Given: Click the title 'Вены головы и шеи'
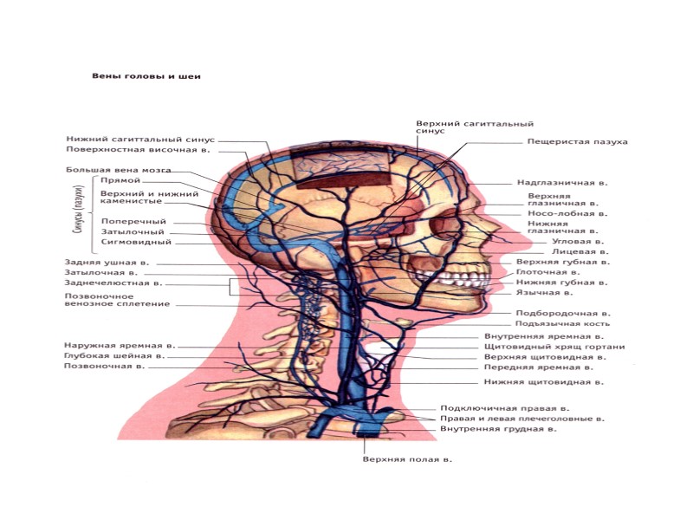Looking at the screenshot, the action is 146,76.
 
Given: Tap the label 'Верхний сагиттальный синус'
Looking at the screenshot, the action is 474,127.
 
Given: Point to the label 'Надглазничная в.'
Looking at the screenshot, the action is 562,184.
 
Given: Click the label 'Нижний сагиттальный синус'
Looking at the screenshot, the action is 139,139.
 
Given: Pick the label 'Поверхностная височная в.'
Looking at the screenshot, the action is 139,150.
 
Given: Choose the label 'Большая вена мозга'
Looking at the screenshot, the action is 118,170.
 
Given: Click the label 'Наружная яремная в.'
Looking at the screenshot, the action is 113,346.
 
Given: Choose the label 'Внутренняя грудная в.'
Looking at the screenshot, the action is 498,429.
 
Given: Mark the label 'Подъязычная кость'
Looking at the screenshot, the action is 555,323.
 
